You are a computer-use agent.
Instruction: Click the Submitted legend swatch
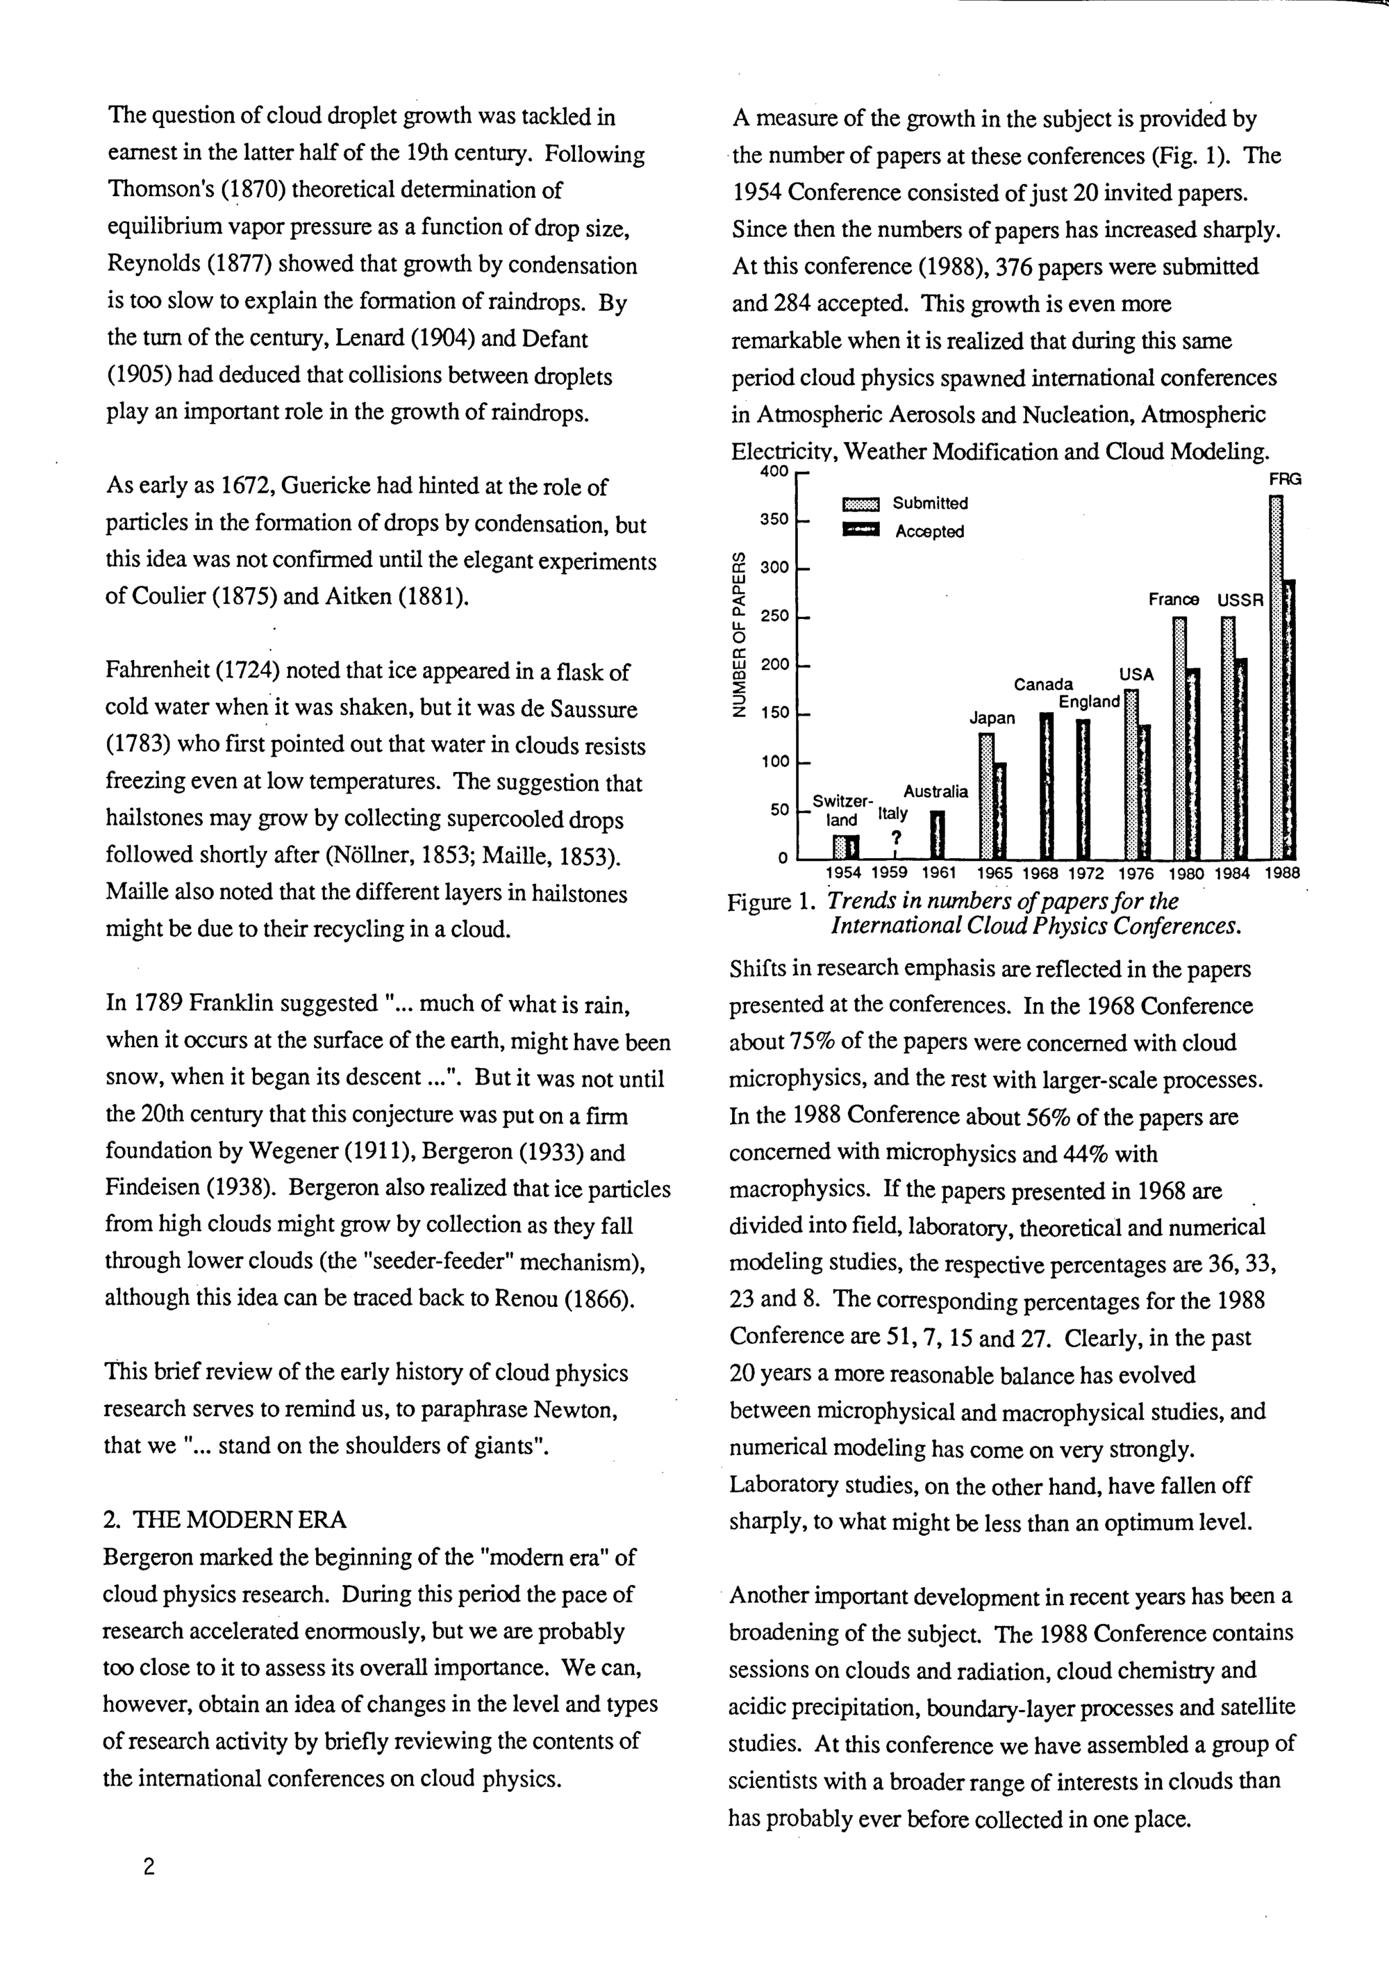861,504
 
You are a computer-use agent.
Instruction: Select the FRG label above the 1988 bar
1285,479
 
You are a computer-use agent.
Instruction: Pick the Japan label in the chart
992,718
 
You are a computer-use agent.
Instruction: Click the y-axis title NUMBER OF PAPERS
738,634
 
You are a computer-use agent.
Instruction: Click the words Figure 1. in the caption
770,902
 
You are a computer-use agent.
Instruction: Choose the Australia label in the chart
935,791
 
